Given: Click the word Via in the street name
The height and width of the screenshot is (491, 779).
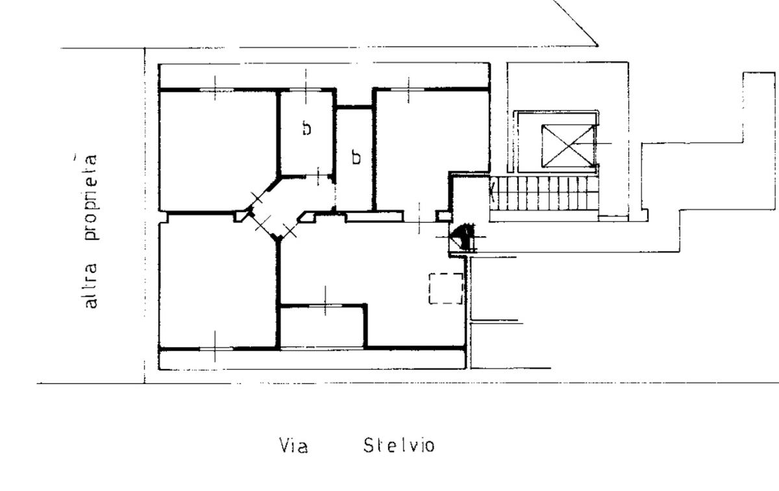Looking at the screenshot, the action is coord(293,446).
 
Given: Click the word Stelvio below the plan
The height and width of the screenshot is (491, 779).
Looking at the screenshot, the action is coord(399,446).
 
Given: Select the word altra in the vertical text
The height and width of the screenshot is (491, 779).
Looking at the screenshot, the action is coord(91,285).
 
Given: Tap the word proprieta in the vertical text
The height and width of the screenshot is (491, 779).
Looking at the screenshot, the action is coord(91,197).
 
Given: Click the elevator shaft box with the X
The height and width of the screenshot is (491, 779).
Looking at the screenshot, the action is coord(569,145).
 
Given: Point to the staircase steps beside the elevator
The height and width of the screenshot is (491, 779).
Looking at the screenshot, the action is coord(544,193).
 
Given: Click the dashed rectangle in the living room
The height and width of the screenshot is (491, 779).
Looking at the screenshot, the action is coord(446,289).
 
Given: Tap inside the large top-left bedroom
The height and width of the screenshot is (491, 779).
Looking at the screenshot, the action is coord(218,151).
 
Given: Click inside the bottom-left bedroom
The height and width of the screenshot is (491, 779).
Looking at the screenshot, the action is coord(218,281).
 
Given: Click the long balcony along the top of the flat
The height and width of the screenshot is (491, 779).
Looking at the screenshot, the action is coord(324,76).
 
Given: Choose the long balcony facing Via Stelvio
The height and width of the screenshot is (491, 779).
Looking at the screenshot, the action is coord(312,359).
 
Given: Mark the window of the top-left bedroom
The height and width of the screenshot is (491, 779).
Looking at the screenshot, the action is coord(216,90).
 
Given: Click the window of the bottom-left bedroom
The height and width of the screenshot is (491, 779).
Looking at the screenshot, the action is coord(216,348).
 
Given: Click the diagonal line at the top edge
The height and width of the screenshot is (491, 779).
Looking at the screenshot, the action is coord(575,23).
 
